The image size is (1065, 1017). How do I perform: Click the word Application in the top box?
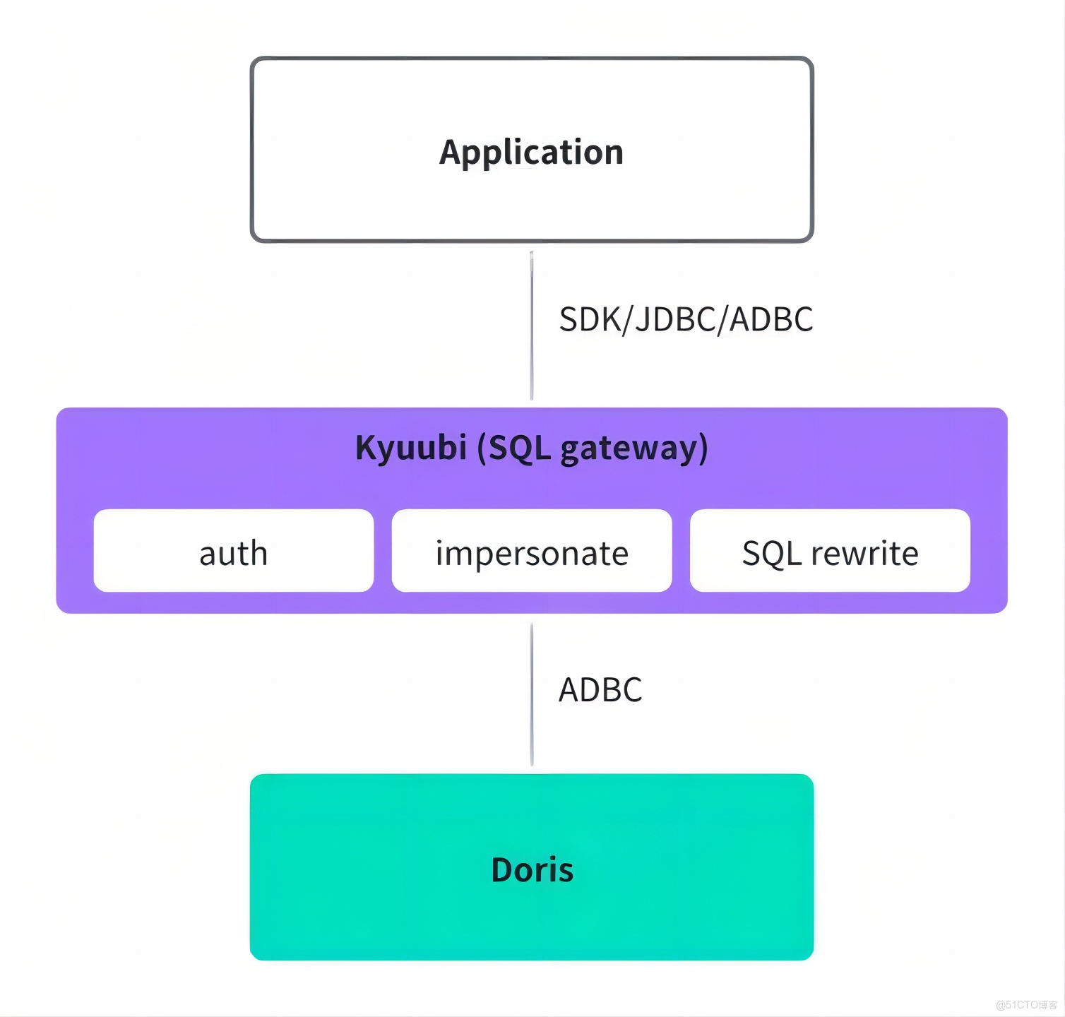click(531, 153)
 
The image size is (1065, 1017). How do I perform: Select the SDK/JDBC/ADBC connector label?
click(686, 319)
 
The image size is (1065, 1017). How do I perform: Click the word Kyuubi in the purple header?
click(411, 448)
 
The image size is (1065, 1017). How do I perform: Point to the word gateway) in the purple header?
click(633, 449)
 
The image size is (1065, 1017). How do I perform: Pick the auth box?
click(234, 551)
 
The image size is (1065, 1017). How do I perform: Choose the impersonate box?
click(532, 551)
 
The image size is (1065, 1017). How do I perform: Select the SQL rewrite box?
click(830, 551)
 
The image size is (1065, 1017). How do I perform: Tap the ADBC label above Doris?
click(600, 690)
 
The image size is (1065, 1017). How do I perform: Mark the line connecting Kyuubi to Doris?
click(532, 695)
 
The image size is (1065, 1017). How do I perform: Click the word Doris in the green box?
click(532, 870)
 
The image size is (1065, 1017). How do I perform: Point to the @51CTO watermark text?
click(1026, 1005)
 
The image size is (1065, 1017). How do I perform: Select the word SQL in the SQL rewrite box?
click(772, 554)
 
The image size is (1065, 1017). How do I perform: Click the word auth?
click(234, 553)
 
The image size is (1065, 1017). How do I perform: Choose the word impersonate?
click(532, 554)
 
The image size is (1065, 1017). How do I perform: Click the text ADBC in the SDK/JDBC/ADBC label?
click(771, 319)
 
